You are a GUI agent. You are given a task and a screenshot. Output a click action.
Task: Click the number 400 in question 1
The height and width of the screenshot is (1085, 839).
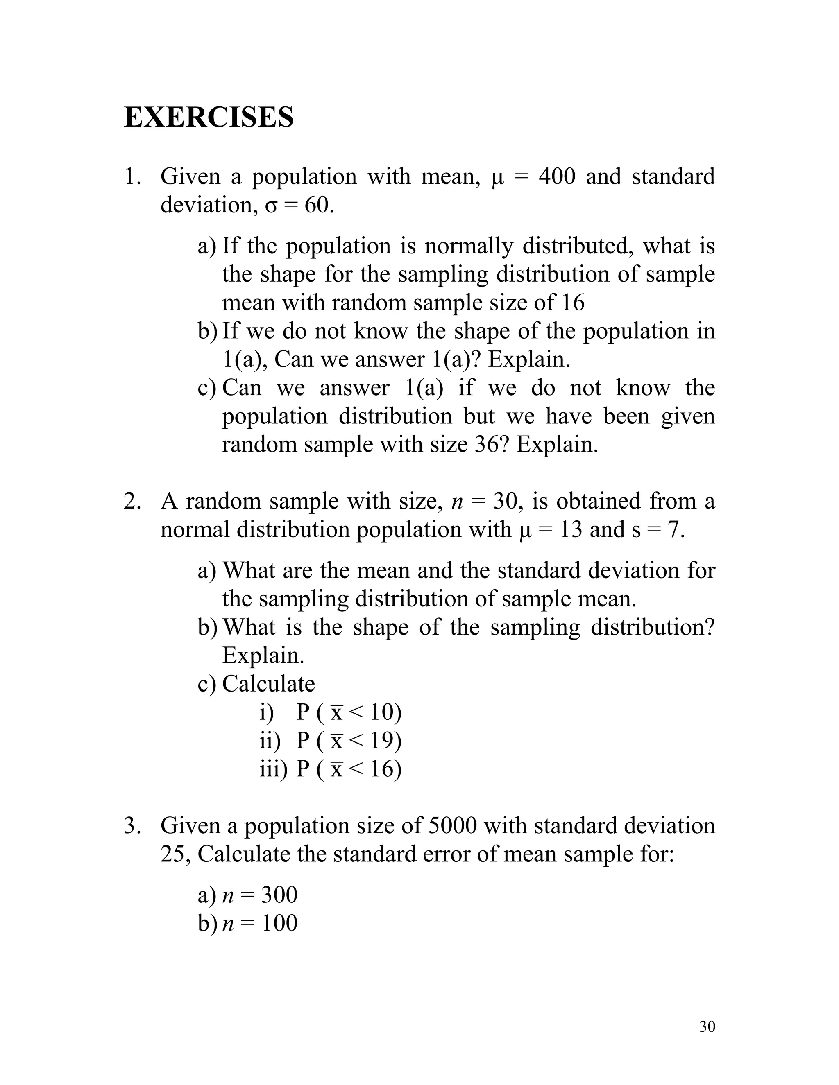(557, 176)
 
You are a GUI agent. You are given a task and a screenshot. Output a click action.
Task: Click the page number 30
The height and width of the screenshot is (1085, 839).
(707, 1026)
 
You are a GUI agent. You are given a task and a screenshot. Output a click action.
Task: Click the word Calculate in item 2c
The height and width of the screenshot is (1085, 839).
(268, 684)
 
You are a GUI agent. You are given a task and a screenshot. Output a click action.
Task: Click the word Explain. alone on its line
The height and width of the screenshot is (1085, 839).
(263, 655)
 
